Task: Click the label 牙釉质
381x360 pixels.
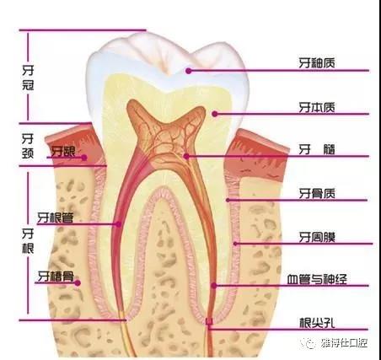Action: point(317,63)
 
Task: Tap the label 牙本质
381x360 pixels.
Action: point(317,107)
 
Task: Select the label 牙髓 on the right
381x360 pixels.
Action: point(317,149)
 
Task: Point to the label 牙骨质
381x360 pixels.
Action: point(317,193)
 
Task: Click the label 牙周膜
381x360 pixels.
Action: point(317,237)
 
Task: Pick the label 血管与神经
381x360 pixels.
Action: point(317,279)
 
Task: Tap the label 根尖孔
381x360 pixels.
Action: point(317,323)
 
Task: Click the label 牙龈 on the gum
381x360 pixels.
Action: point(63,152)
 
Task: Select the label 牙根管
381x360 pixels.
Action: point(56,218)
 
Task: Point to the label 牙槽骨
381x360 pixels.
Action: point(56,277)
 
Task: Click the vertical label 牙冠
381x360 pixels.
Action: point(28,78)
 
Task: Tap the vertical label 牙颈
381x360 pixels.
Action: point(28,146)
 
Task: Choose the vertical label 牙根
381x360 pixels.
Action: point(28,241)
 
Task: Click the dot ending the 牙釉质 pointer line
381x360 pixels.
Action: point(189,71)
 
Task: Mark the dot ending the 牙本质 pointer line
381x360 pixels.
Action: point(215,114)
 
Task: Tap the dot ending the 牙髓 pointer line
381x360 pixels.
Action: point(186,156)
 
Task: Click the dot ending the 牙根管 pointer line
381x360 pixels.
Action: point(119,224)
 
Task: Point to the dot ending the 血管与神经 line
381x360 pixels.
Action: point(214,286)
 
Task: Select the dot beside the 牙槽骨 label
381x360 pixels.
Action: point(78,283)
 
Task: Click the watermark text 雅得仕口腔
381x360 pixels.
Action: point(344,343)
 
